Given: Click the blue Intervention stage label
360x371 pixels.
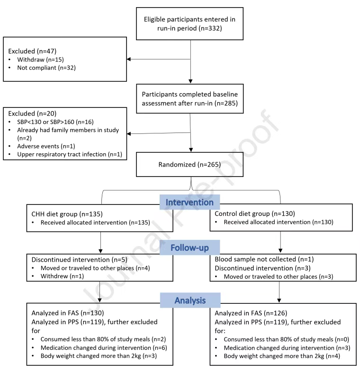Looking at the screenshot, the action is [189, 202].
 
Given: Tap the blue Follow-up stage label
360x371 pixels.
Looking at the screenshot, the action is [189, 247].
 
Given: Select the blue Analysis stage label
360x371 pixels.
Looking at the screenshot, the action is [190, 300].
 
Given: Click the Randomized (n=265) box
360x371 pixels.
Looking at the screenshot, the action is [189, 165].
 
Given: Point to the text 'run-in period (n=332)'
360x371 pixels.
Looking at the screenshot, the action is [189, 28].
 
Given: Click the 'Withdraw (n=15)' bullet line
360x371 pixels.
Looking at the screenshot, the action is [41, 60].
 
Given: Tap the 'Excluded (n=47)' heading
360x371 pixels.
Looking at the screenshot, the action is [32, 51].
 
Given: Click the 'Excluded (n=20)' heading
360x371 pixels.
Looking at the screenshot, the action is [32, 114].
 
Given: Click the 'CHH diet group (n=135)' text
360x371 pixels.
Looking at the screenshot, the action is [67, 214].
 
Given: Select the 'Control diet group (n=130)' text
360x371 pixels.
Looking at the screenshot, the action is [255, 213].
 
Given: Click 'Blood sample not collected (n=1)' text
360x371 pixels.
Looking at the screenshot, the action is [264, 259].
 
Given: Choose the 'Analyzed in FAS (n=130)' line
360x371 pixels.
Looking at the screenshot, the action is [68, 313].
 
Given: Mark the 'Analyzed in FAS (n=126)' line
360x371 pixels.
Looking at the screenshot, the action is [251, 313].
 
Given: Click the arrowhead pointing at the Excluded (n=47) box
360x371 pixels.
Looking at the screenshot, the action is [129, 59].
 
